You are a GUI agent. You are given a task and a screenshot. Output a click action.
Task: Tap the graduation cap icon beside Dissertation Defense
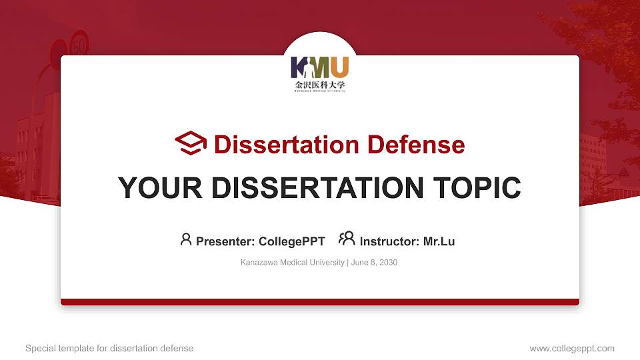pyautogui.click(x=191, y=143)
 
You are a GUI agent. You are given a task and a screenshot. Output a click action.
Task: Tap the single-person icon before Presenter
pyautogui.click(x=186, y=239)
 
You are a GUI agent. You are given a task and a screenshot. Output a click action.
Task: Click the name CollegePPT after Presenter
pyautogui.click(x=291, y=241)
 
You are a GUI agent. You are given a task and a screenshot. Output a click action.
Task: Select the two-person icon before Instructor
pyautogui.click(x=347, y=239)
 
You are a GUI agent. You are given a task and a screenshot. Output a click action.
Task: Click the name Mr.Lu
pyautogui.click(x=439, y=241)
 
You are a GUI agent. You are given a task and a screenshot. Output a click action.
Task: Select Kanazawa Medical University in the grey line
pyautogui.click(x=292, y=263)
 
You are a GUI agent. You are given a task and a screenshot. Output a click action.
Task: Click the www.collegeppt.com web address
pyautogui.click(x=572, y=349)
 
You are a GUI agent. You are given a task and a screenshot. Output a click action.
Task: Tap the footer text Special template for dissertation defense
pyautogui.click(x=109, y=349)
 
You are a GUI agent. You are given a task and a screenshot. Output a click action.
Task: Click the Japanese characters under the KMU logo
pyautogui.click(x=320, y=85)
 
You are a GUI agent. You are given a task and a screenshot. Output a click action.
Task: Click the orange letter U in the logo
pyautogui.click(x=339, y=67)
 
